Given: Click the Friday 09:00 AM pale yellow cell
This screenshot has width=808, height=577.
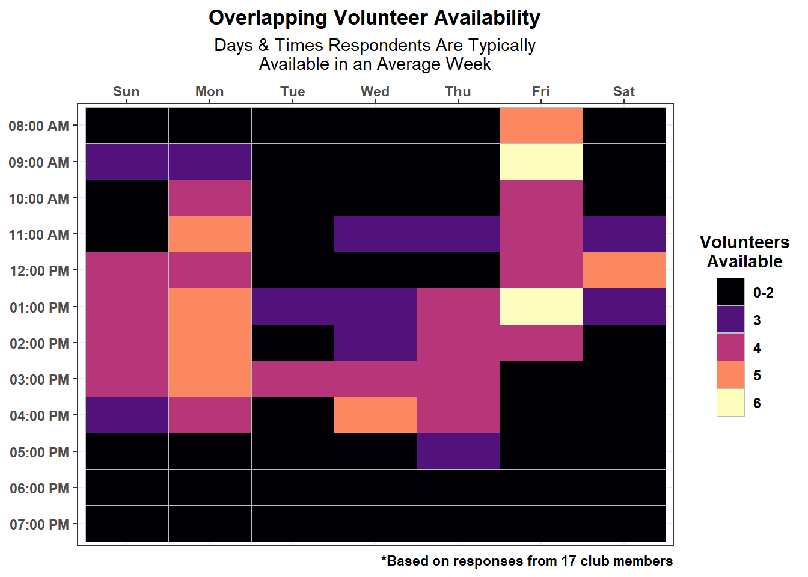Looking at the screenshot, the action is pyautogui.click(x=541, y=162).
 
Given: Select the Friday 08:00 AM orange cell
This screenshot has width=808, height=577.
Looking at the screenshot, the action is pyautogui.click(x=541, y=125).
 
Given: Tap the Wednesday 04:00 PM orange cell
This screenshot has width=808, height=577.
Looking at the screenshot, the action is pyautogui.click(x=375, y=415).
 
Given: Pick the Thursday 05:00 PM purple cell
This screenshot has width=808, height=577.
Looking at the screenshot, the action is pyautogui.click(x=458, y=451).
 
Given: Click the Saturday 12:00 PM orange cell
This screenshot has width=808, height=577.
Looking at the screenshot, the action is pyautogui.click(x=624, y=270).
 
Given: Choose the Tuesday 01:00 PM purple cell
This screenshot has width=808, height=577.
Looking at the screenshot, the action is pyautogui.click(x=293, y=307).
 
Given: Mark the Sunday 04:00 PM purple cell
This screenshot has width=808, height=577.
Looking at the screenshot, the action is pyautogui.click(x=127, y=415).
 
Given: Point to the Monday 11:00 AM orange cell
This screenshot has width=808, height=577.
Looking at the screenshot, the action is pyautogui.click(x=210, y=234).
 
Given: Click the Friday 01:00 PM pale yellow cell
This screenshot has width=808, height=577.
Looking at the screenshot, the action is pyautogui.click(x=541, y=307).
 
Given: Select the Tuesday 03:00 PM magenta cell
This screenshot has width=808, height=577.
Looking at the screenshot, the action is pyautogui.click(x=293, y=379).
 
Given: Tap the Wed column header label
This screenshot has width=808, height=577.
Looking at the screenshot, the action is pyautogui.click(x=375, y=91).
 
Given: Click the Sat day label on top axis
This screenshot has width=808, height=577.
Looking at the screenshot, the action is pyautogui.click(x=624, y=91).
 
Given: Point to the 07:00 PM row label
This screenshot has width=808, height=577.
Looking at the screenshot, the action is pyautogui.click(x=39, y=524).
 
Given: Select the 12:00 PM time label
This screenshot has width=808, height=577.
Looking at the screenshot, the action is pyautogui.click(x=39, y=271).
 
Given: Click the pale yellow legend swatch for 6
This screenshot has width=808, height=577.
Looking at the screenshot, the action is pyautogui.click(x=730, y=403).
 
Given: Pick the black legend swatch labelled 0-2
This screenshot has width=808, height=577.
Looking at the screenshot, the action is pyautogui.click(x=730, y=292).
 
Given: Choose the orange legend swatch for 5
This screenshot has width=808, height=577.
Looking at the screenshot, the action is pyautogui.click(x=730, y=374).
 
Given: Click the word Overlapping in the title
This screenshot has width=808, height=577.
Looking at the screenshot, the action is pyautogui.click(x=268, y=18).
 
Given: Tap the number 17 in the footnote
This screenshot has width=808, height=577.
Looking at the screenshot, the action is pyautogui.click(x=569, y=561).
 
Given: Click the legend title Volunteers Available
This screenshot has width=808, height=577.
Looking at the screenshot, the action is pyautogui.click(x=744, y=252).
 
